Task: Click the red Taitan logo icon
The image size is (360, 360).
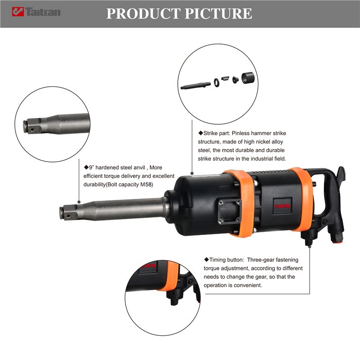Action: [x=18, y=12]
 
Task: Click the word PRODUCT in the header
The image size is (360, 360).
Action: [x=143, y=13]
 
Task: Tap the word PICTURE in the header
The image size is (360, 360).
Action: [x=218, y=13]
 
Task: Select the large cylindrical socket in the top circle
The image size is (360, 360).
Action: [x=248, y=77]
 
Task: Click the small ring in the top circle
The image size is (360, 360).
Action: [x=216, y=82]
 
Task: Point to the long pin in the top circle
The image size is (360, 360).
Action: [x=196, y=85]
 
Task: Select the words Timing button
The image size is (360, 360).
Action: [x=224, y=260]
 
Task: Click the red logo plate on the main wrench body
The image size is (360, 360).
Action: [x=282, y=206]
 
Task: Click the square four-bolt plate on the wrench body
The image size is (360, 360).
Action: [x=229, y=211]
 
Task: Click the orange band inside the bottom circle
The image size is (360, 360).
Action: [x=170, y=275]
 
